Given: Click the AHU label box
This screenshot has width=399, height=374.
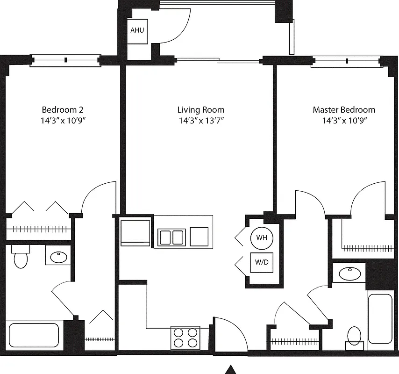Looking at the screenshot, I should [x=137, y=30].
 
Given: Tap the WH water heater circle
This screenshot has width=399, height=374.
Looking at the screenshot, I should [x=261, y=237].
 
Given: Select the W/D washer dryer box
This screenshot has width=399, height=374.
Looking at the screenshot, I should [x=262, y=262].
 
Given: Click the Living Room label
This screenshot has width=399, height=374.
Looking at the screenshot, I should [x=200, y=110].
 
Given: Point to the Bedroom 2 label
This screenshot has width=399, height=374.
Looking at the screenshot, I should [x=63, y=110].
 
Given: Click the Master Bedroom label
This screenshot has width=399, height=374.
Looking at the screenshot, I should [x=343, y=110].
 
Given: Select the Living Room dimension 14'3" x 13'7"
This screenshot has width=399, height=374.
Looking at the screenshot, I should [x=200, y=121].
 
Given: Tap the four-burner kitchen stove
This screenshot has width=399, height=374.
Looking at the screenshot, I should [x=185, y=337].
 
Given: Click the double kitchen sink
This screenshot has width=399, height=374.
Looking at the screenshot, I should [x=171, y=237].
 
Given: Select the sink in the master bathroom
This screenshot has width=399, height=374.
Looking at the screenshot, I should [x=348, y=273].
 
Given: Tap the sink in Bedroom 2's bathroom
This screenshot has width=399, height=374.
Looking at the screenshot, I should [x=58, y=256].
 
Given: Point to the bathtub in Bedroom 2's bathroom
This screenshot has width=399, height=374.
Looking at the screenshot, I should [x=33, y=335].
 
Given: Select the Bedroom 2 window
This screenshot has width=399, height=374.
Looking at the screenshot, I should [x=65, y=60].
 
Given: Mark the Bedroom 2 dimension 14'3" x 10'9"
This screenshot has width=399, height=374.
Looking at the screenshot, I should [x=63, y=121].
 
